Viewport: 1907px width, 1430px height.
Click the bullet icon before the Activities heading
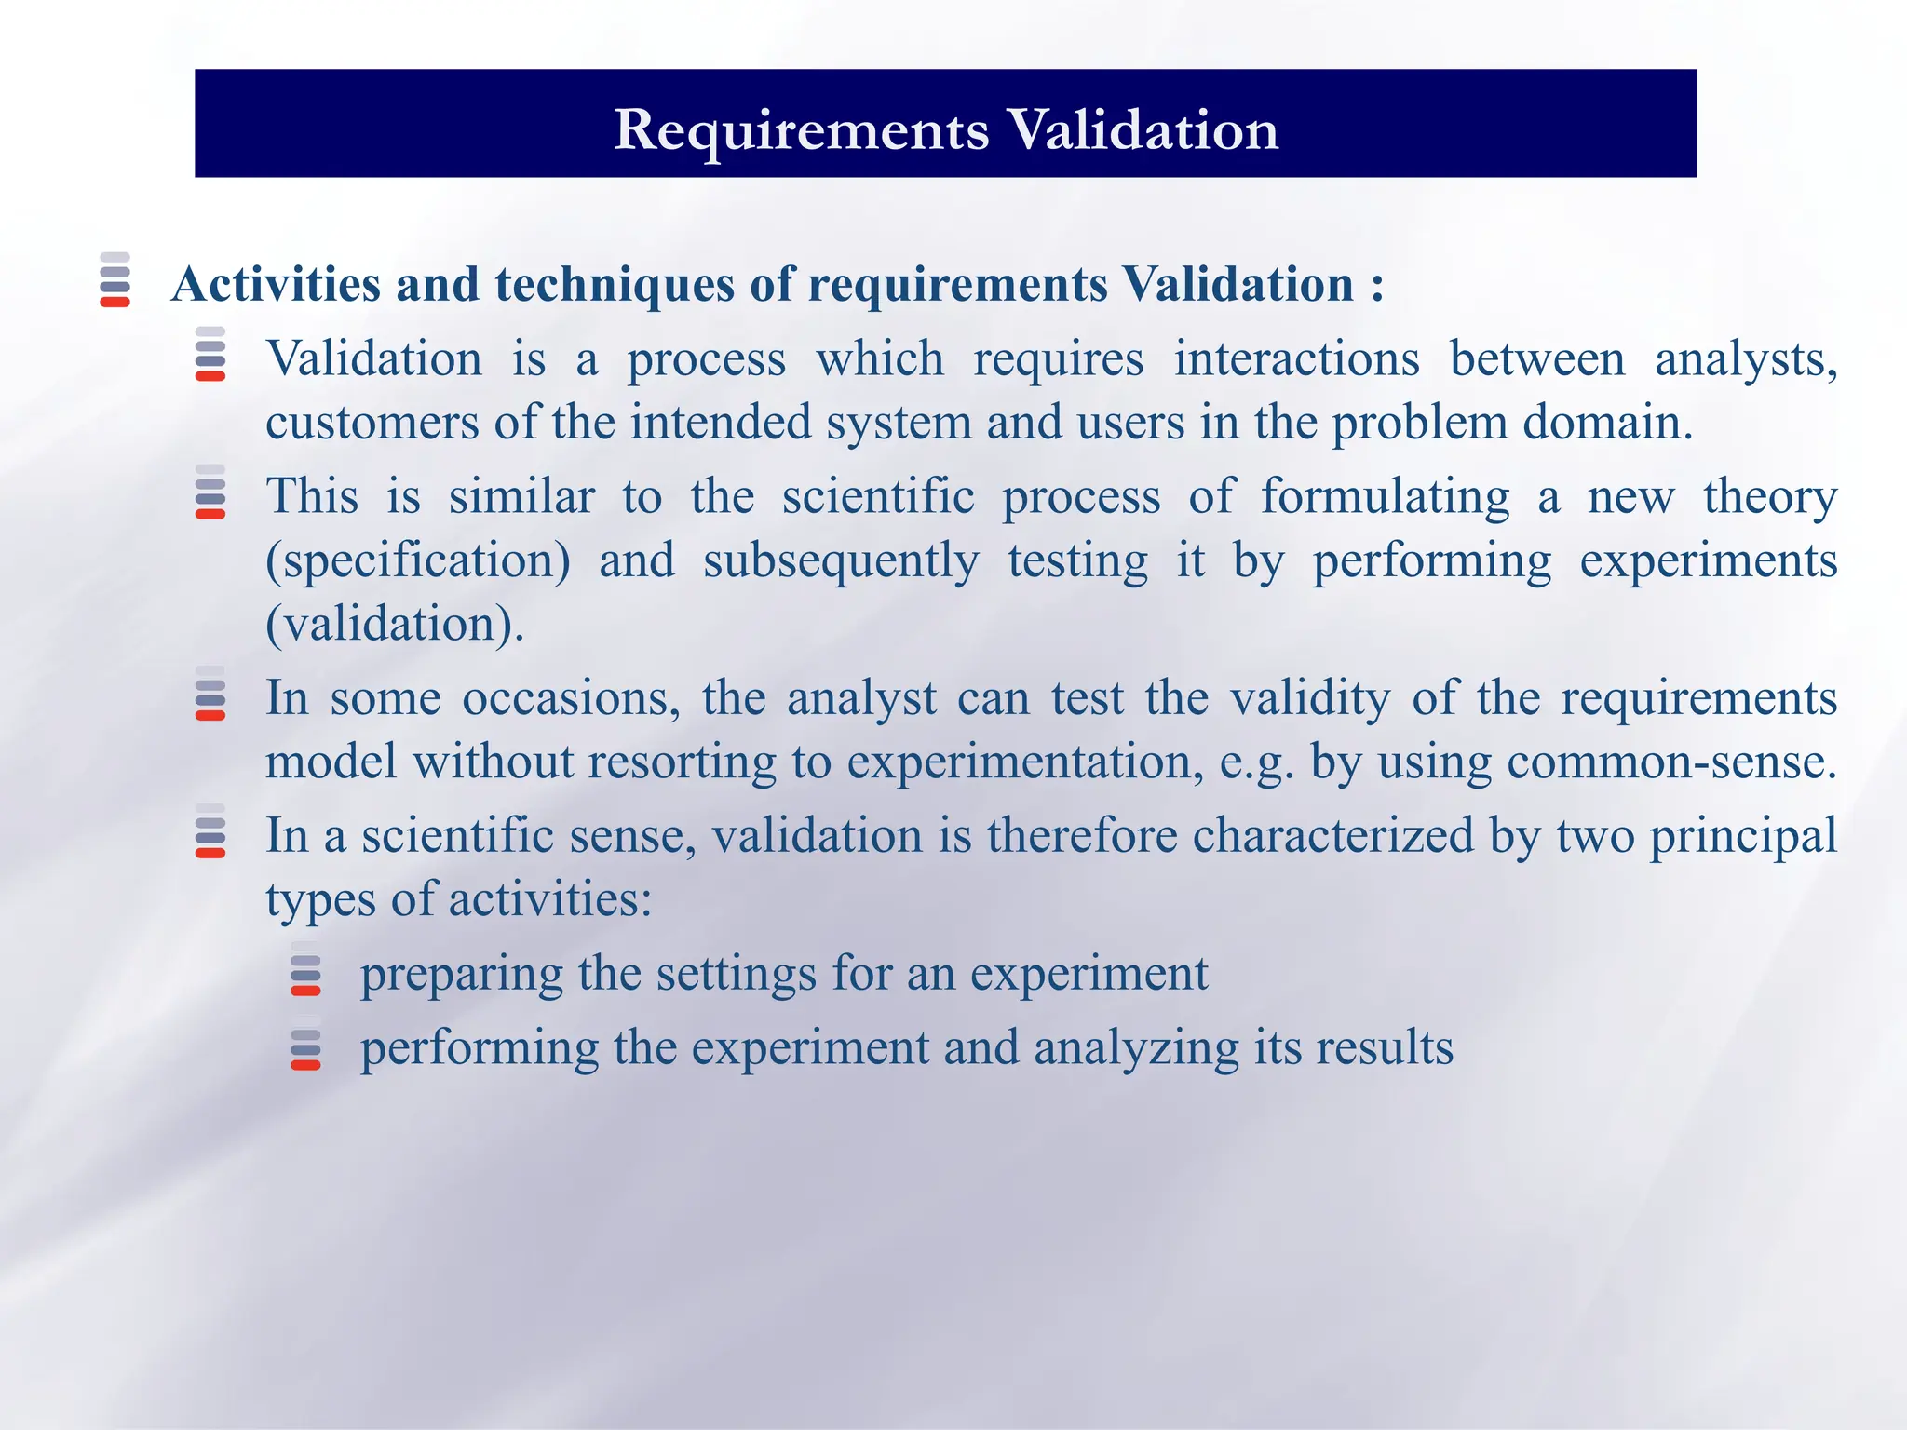click(x=115, y=279)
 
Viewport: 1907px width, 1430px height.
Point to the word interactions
click(x=1296, y=358)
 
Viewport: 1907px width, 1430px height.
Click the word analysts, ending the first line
click(x=1746, y=360)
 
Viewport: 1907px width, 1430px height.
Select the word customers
click(x=372, y=424)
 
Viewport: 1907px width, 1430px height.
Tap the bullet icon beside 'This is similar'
click(x=210, y=492)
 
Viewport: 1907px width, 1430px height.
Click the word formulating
click(x=1385, y=496)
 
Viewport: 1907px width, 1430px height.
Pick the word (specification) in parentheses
click(x=418, y=561)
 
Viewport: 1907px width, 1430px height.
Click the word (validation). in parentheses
click(x=395, y=624)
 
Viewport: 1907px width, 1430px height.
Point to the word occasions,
click(x=571, y=698)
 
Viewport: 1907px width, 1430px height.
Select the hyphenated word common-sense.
click(x=1671, y=762)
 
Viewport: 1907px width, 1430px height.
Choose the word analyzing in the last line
click(x=1136, y=1048)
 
